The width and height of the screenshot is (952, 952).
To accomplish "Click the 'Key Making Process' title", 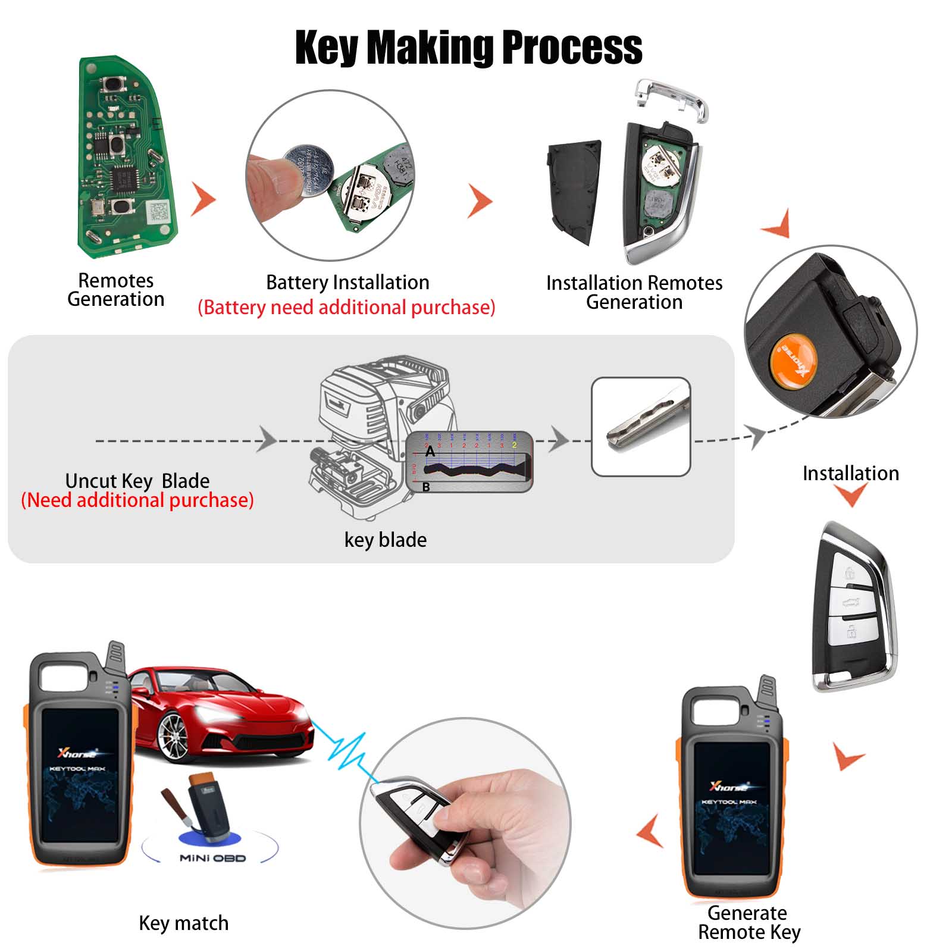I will coord(468,47).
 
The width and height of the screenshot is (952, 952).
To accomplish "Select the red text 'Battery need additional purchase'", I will coord(346,308).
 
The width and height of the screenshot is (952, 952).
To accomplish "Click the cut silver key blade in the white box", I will coord(646,419).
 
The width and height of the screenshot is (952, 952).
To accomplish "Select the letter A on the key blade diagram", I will coord(430,452).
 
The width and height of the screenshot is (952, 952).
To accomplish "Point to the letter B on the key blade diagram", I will coord(426,487).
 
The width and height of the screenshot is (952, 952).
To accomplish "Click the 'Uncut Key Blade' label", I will coord(137,480).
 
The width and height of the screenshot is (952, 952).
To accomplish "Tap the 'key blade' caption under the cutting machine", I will coord(386,540).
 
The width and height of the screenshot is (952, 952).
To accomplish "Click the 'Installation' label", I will coord(850,473).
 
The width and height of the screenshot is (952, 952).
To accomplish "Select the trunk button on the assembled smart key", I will coord(851,602).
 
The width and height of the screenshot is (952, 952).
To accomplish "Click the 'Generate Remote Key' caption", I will coord(749,922).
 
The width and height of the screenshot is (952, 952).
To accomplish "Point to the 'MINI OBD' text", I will coord(212,858).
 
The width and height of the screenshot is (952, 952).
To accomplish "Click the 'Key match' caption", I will coord(183,923).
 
